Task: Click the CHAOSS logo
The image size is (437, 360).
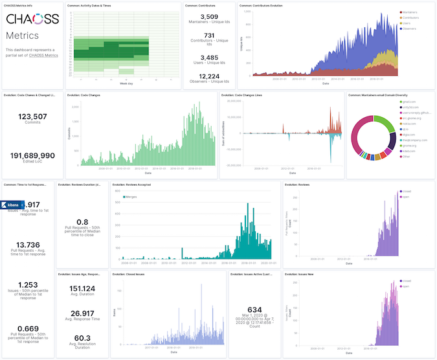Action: click(x=32, y=19)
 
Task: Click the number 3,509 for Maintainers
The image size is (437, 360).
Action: click(x=209, y=17)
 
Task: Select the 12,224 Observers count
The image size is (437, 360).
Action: click(x=209, y=76)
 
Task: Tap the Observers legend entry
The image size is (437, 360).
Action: click(x=411, y=29)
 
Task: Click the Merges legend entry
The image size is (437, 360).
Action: click(x=131, y=195)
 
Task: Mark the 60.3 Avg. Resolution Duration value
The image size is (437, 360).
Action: click(x=82, y=338)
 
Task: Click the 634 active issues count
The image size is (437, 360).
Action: click(x=254, y=309)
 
